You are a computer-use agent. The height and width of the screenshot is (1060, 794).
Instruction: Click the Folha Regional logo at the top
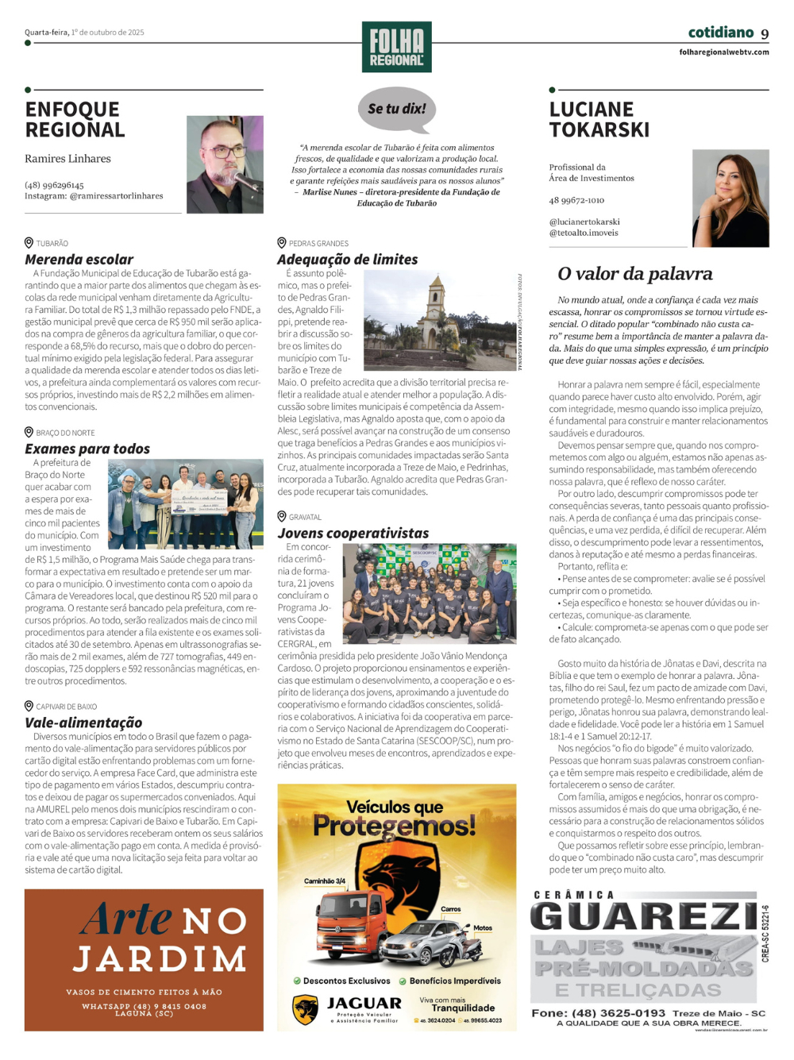(x=396, y=47)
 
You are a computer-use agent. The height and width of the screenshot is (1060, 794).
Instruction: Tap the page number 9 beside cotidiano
(x=765, y=33)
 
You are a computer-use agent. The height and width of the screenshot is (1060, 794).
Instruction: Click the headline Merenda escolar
(x=79, y=260)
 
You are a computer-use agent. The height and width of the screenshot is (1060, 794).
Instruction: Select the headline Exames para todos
(x=87, y=449)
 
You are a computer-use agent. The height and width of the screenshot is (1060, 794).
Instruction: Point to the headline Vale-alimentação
(x=83, y=723)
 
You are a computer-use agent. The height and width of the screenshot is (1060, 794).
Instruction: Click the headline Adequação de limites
(x=347, y=260)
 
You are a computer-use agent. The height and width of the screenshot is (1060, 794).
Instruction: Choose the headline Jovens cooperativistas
(x=353, y=534)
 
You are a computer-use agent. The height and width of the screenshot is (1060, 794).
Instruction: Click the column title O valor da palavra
(x=635, y=274)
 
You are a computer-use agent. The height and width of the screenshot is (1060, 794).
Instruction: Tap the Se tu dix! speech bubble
(x=397, y=109)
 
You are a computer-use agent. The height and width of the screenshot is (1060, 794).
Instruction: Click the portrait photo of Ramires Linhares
(x=225, y=164)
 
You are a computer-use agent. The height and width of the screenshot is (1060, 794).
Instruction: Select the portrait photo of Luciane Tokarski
(x=730, y=199)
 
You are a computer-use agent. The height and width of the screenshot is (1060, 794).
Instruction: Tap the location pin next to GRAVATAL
(x=282, y=516)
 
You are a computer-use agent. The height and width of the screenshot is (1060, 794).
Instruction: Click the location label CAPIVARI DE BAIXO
(x=67, y=707)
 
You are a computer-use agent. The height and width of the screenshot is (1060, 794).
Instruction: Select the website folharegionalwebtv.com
(x=723, y=52)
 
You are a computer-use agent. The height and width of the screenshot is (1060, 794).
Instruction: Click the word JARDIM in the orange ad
(x=160, y=959)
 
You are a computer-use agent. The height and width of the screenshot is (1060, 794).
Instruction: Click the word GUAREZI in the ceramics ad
(x=644, y=916)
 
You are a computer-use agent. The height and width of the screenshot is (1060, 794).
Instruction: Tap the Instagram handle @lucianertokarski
(x=584, y=222)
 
